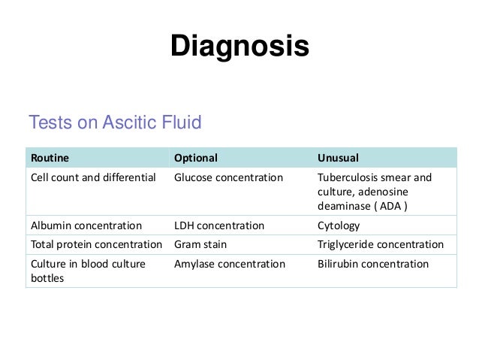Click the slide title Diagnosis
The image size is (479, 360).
tap(239, 47)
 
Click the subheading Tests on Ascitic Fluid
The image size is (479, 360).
tap(114, 122)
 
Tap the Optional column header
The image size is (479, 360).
tap(196, 158)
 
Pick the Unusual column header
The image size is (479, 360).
tap(339, 158)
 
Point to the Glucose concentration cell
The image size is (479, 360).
tap(228, 178)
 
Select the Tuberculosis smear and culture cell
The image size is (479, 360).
tap(375, 186)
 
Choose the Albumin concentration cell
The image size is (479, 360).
tap(86, 225)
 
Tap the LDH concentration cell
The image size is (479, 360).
tap(219, 225)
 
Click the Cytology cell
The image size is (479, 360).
tap(339, 225)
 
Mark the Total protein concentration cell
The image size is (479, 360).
tap(95, 245)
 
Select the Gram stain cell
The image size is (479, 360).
tap(200, 245)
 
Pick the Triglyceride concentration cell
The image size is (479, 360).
tap(381, 245)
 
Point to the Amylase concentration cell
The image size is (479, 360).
tap(230, 265)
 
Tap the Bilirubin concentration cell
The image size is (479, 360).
tap(373, 265)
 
